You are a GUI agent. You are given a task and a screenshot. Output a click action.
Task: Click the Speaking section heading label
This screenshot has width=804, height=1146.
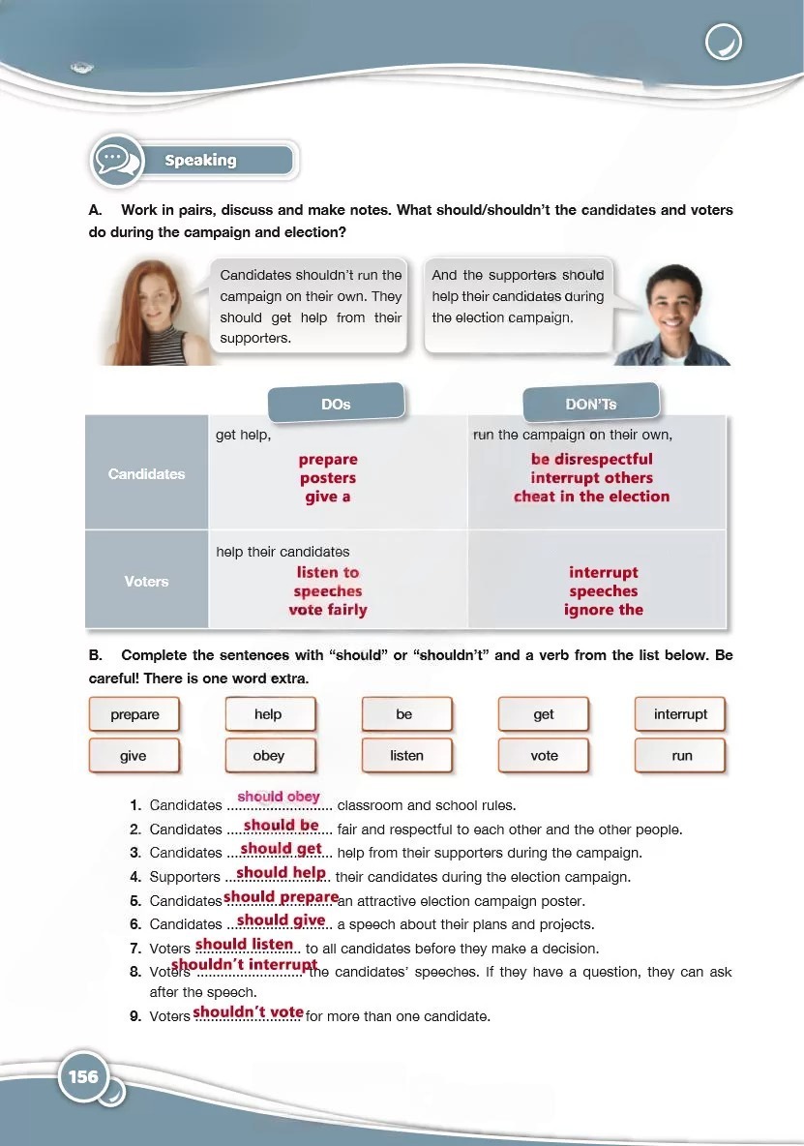201,161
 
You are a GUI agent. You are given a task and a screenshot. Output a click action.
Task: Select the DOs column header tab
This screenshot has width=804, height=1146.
336,404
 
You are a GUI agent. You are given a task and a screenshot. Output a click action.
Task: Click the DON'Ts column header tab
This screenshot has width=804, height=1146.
590,404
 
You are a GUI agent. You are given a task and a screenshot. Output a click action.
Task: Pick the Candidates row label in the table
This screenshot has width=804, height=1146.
146,474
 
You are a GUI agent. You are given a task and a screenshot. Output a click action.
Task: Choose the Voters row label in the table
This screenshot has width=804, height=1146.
146,582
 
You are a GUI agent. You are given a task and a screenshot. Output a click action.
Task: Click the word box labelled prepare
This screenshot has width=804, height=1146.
134,714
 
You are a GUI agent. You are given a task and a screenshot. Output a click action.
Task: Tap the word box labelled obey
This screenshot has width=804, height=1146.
269,755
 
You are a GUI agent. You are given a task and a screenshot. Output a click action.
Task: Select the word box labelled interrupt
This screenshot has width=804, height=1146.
680,714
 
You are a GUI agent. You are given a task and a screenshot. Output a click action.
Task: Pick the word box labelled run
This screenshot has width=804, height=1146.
681,755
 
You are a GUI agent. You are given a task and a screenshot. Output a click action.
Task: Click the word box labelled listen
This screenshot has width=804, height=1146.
406,755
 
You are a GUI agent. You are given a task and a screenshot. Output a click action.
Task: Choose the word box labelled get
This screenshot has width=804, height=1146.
544,714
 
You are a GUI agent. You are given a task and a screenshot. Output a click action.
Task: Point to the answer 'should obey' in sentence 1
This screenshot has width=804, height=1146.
279,797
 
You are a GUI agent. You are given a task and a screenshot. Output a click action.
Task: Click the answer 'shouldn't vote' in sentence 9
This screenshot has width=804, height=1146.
249,1011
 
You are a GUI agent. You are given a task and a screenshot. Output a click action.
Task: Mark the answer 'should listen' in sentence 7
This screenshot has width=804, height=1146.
245,944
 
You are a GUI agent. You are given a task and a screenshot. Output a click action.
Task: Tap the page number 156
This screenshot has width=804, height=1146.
83,1076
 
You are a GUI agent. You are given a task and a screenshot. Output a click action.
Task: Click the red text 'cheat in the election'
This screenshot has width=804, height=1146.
591,497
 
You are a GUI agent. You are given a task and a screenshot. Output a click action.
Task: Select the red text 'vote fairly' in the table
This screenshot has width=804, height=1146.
328,610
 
